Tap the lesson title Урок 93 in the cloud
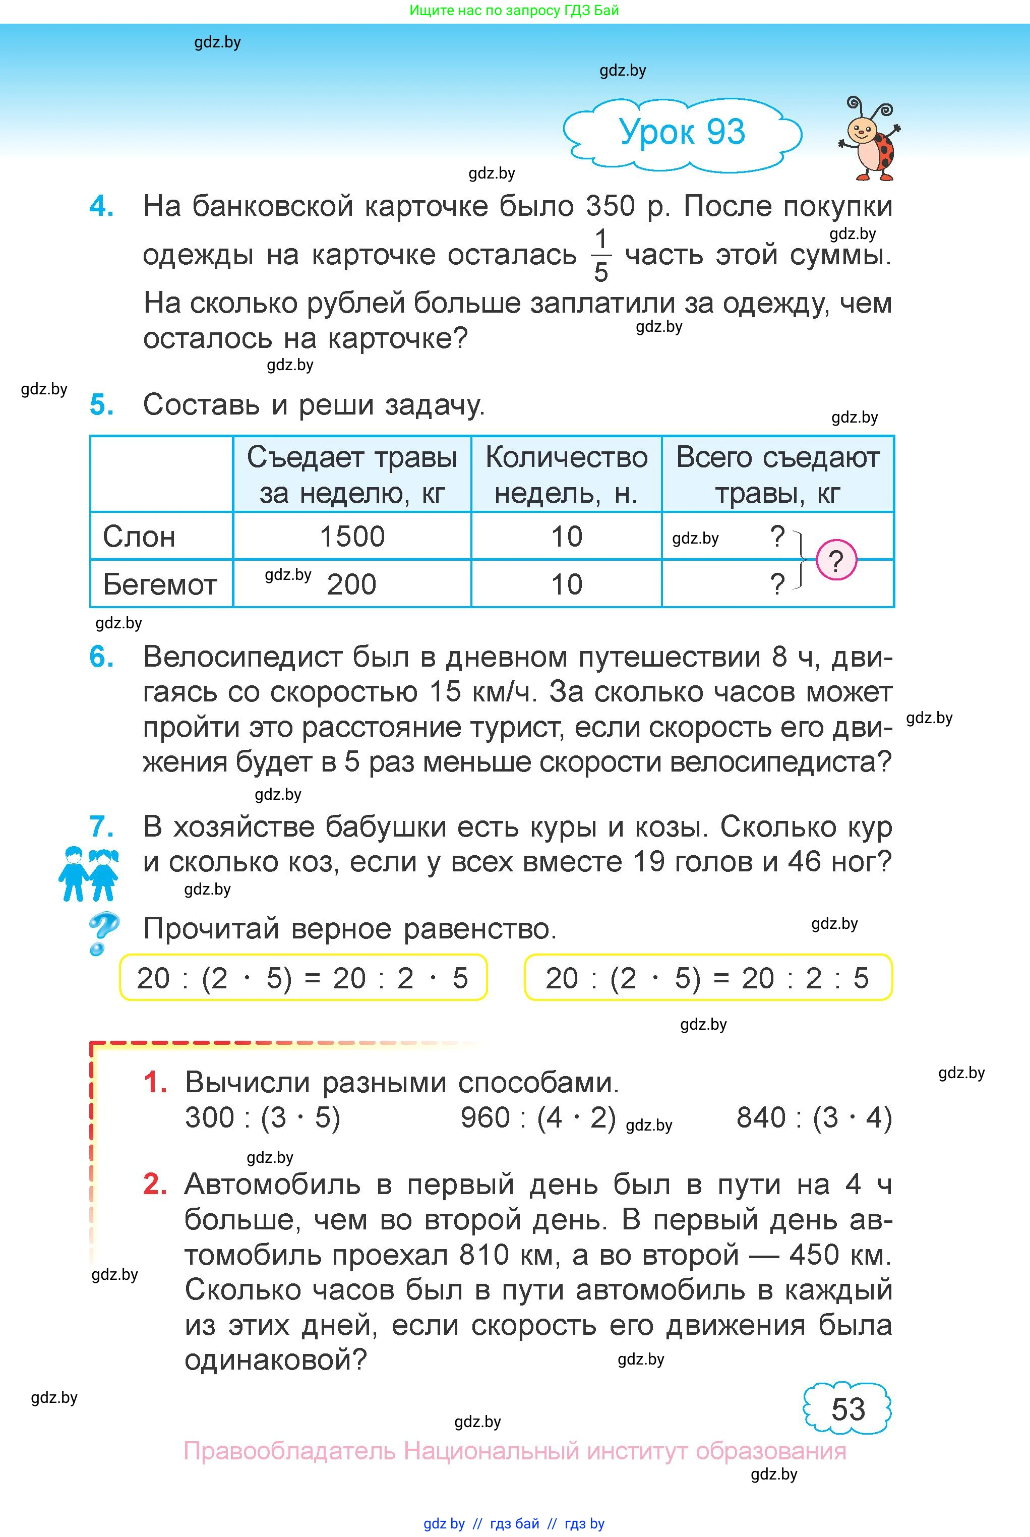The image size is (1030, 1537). [682, 132]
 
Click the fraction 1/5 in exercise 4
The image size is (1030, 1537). [600, 256]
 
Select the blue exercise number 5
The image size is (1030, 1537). [101, 404]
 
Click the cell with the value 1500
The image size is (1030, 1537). [352, 537]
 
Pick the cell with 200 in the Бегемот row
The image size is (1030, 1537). [352, 584]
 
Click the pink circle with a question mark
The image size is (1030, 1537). [836, 560]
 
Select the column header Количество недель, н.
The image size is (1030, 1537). [566, 474]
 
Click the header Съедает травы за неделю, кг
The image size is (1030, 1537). [352, 474]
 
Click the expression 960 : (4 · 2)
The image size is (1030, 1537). [538, 1117]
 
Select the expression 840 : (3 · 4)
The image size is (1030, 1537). [814, 1117]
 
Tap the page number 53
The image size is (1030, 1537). [847, 1409]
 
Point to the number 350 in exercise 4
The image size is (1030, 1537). [610, 206]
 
